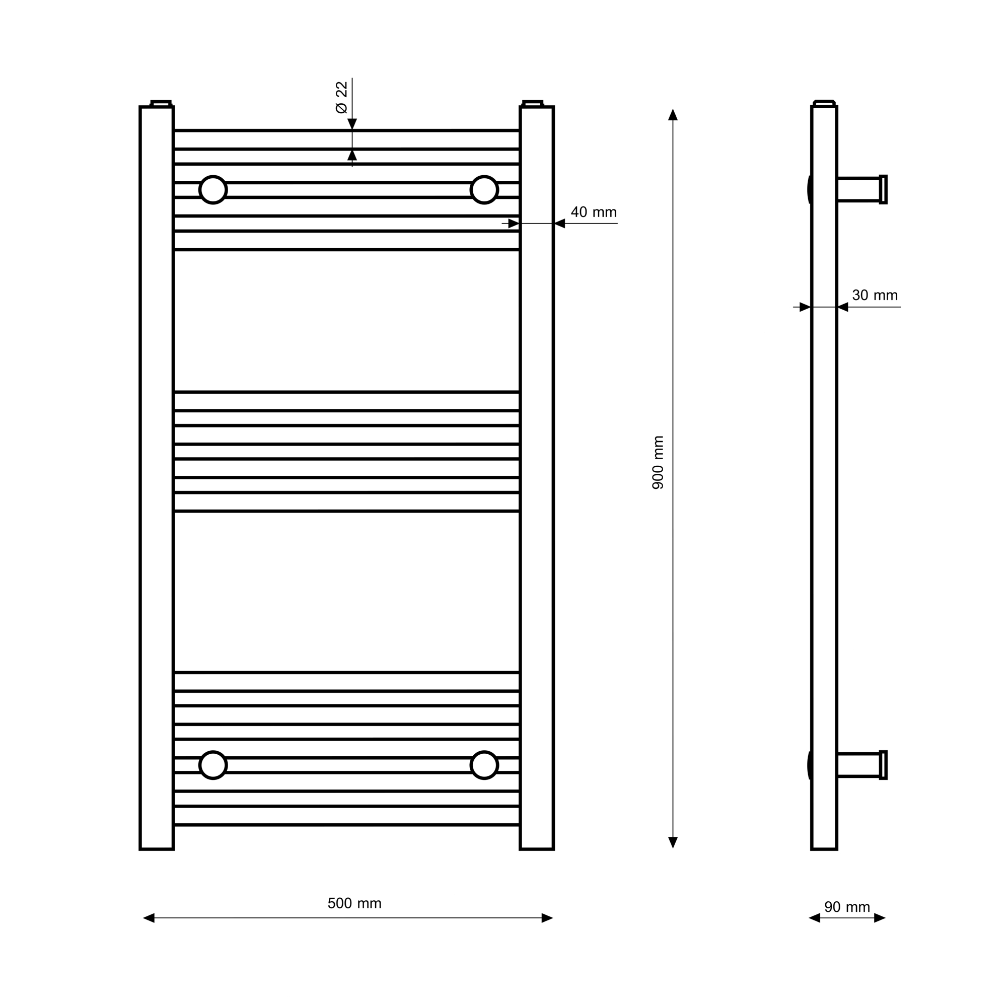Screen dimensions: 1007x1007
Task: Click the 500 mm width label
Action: (x=354, y=903)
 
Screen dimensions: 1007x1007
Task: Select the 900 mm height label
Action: (x=658, y=462)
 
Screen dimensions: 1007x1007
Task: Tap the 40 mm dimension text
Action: (x=594, y=212)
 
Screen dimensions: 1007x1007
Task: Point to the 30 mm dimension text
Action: (x=875, y=296)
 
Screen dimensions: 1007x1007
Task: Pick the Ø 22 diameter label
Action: (x=341, y=98)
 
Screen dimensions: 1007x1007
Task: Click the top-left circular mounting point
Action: (x=213, y=190)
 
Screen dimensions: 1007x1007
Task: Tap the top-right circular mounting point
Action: (x=484, y=190)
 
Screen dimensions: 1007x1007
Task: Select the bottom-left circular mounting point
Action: (x=213, y=765)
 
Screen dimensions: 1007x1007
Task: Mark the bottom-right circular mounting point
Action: (x=484, y=765)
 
